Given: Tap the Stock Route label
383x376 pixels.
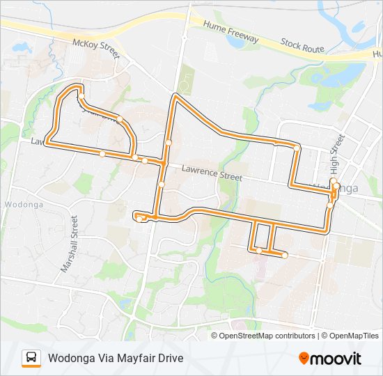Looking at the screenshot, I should pos(303,47).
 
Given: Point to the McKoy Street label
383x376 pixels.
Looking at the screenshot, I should pos(96,45).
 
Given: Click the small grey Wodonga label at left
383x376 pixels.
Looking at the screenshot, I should pos(24,205).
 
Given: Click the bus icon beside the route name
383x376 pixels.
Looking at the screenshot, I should pos(31,359).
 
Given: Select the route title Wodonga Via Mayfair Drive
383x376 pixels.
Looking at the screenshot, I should pos(116,359).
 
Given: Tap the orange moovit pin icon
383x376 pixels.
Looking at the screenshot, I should pos(304,359).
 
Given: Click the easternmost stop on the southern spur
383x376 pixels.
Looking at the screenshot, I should pos(285,256).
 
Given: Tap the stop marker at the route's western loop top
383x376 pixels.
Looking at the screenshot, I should pos(81,88).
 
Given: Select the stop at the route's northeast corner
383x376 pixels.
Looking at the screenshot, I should pos(297,148).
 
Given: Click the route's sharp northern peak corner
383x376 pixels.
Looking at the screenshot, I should pos(176,97).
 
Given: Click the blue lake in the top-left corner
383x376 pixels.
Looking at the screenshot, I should pos(21,47).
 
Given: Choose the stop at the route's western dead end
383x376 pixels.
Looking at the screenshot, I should pos(139,219).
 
